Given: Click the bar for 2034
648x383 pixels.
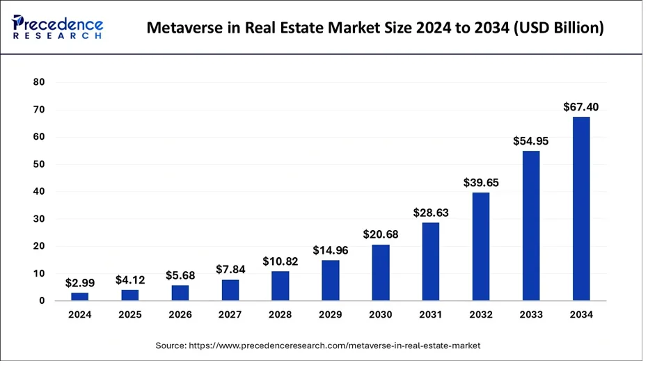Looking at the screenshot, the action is click(x=581, y=209).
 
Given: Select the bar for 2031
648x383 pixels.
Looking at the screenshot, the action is click(x=431, y=261).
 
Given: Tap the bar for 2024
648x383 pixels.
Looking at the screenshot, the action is click(x=80, y=296).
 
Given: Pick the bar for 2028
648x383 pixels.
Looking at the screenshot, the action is click(x=280, y=286).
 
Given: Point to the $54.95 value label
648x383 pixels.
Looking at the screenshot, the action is click(x=530, y=141).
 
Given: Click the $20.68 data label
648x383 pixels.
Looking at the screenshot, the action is click(x=381, y=234).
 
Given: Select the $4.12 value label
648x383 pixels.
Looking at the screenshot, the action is click(x=130, y=280).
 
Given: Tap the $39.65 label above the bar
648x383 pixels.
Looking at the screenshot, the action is click(x=481, y=182).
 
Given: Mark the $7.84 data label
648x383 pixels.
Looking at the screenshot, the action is click(x=230, y=270).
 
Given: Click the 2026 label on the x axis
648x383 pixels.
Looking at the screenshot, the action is click(x=180, y=314).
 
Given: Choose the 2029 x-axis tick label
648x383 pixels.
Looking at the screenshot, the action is click(x=330, y=314).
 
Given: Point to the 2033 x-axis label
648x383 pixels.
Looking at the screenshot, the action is click(x=531, y=314).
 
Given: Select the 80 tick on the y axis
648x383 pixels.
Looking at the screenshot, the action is click(x=39, y=82).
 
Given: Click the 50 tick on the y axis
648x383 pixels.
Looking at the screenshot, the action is click(x=39, y=164).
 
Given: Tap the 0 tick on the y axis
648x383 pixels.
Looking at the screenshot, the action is click(x=42, y=301).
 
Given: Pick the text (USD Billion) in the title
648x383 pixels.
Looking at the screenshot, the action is click(x=559, y=28).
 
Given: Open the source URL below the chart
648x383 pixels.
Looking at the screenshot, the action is click(x=335, y=345).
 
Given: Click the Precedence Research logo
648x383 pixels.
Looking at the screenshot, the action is click(x=58, y=27).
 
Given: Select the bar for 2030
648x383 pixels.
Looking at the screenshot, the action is click(x=381, y=272).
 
